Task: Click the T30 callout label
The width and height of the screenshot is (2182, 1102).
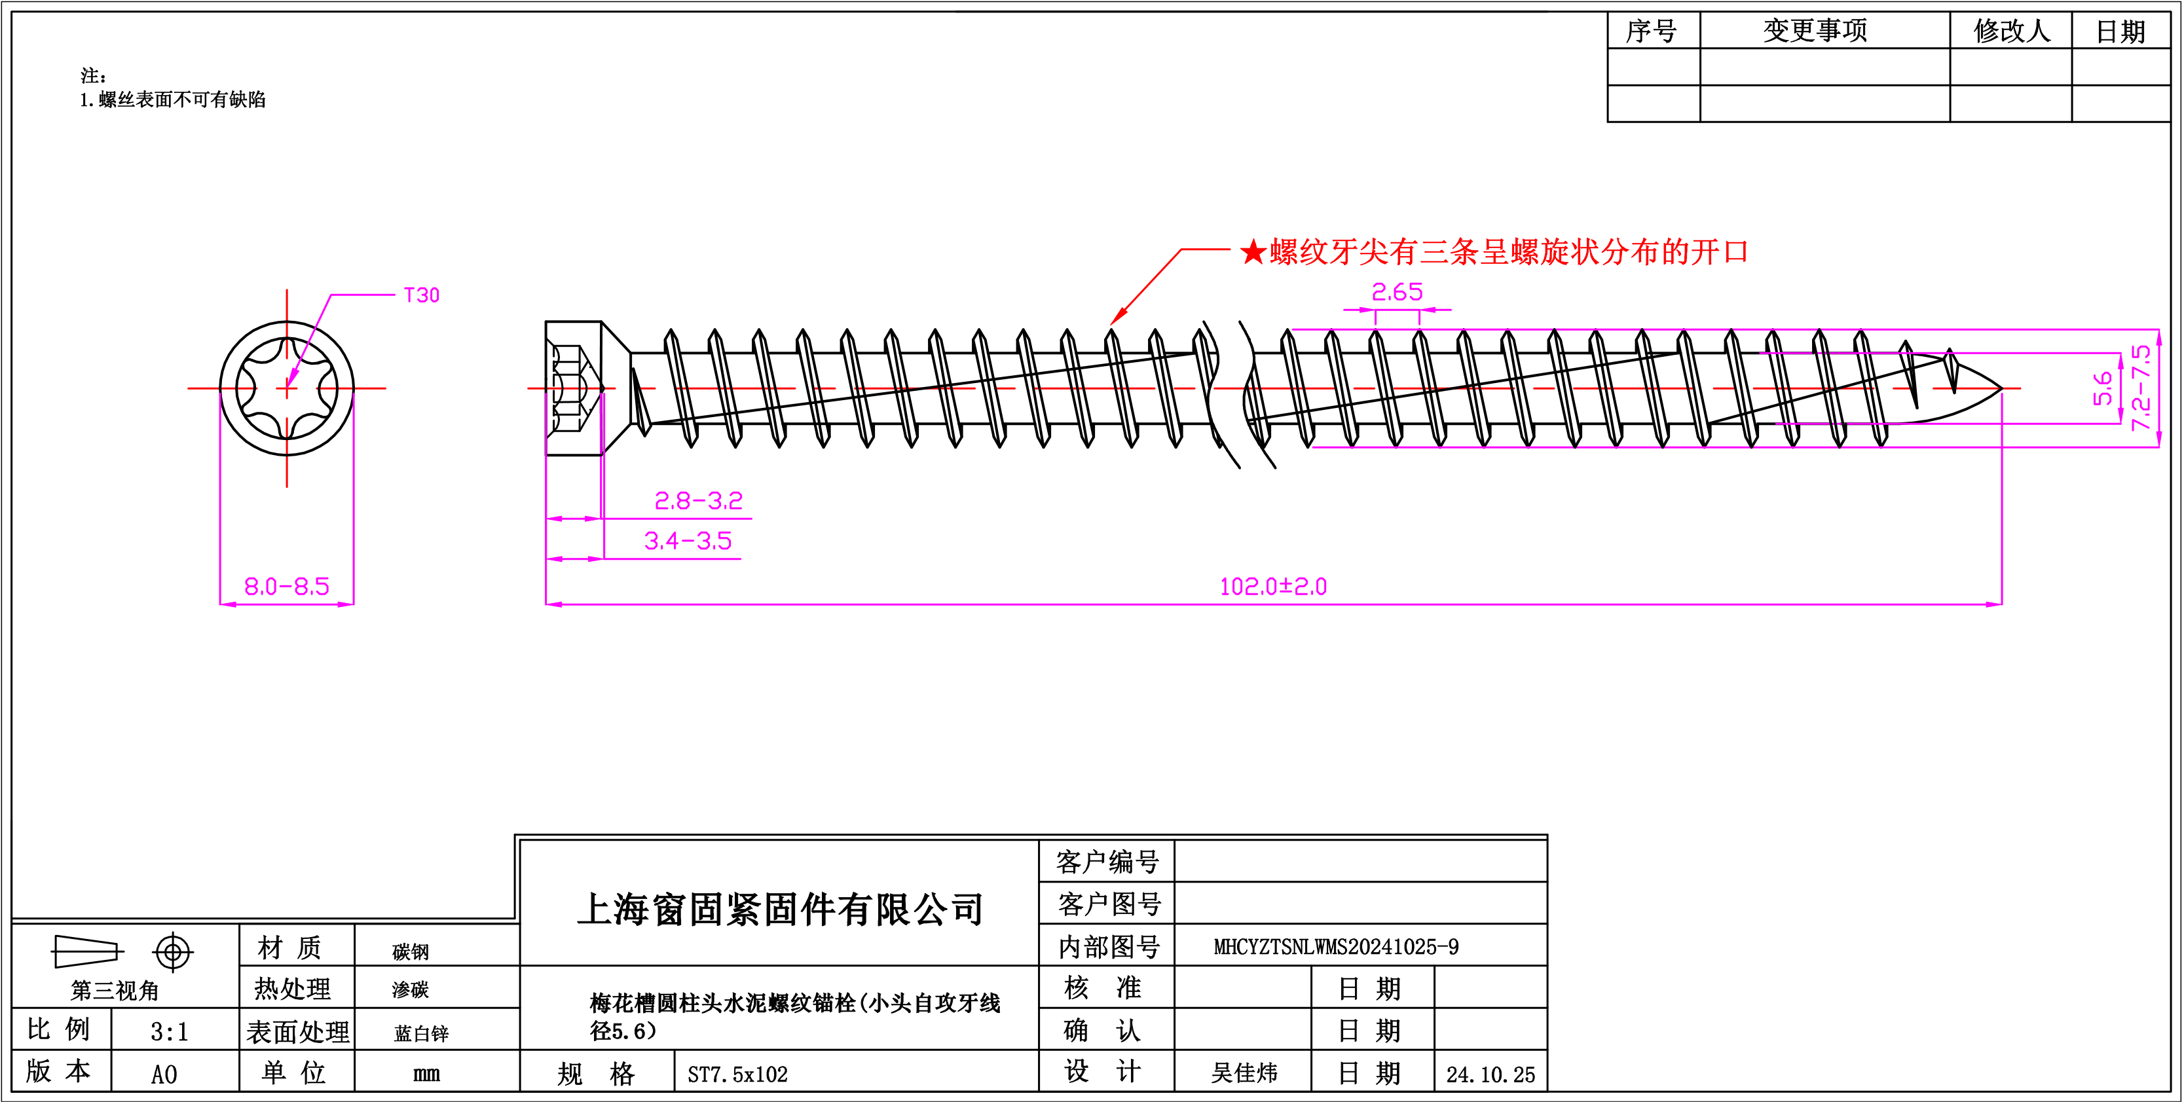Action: (422, 295)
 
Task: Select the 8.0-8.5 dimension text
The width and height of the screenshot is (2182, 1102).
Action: (286, 586)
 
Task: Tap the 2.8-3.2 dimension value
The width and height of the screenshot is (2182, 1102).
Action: (698, 501)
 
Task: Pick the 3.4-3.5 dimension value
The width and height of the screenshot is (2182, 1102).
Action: (688, 540)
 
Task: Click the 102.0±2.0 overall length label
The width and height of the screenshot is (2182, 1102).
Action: (1273, 586)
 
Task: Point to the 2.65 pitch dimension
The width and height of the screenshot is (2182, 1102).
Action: (1397, 292)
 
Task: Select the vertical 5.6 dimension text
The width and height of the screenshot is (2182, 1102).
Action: (2102, 388)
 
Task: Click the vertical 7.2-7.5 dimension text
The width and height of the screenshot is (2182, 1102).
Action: (2141, 387)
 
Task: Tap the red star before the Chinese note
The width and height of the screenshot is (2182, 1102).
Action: (1253, 251)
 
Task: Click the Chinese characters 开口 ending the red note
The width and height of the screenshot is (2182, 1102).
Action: (1720, 251)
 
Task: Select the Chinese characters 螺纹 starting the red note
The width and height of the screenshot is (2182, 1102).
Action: (1299, 251)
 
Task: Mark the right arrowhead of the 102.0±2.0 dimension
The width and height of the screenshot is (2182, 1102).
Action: (1994, 604)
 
